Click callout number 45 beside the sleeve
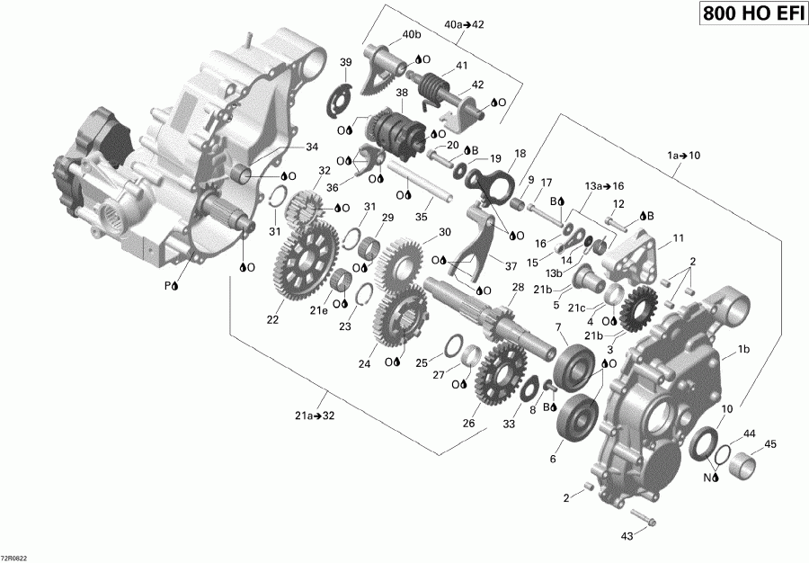click(x=770, y=443)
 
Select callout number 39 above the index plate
click(x=345, y=61)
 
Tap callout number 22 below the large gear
click(x=271, y=317)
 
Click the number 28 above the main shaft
click(x=517, y=287)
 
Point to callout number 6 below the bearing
click(x=553, y=460)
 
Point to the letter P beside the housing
click(x=166, y=285)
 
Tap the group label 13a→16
click(x=606, y=185)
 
